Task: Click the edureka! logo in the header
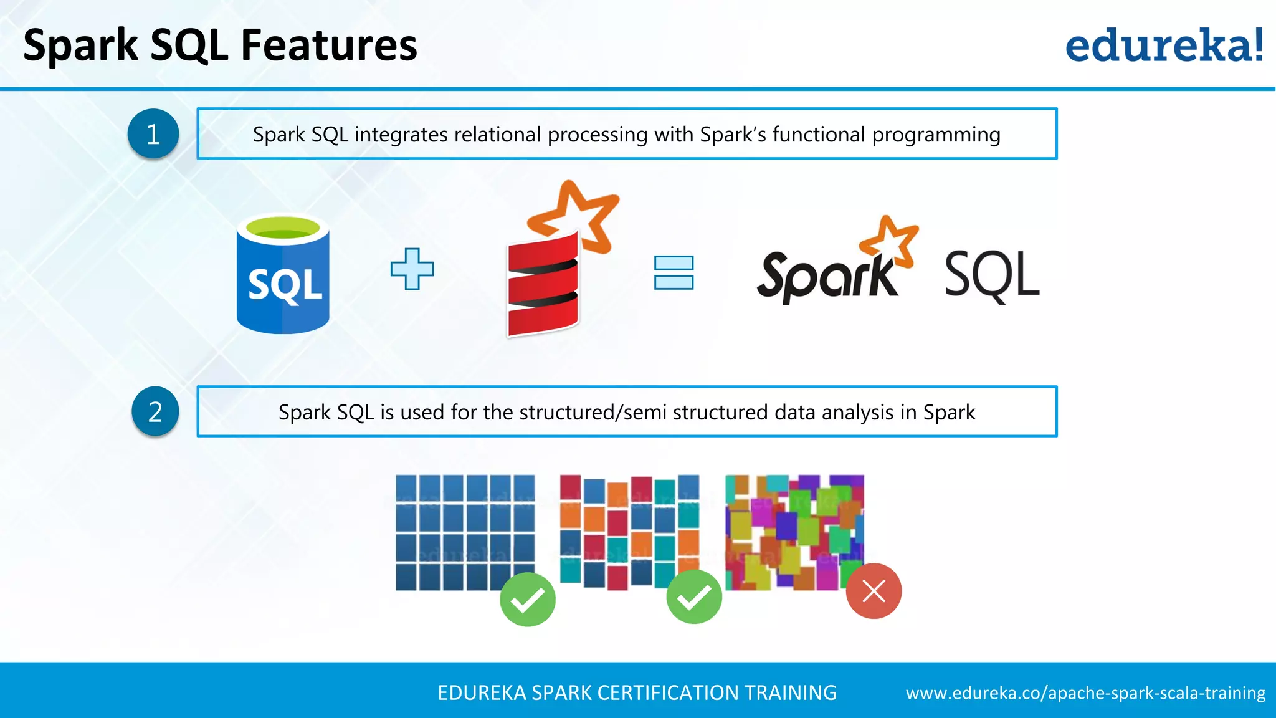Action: coord(1164,46)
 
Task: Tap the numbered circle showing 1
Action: coord(153,133)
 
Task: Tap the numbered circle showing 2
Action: coord(155,411)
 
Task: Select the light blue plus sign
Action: coord(412,269)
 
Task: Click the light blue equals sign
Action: coord(674,272)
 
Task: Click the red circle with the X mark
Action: coord(874,591)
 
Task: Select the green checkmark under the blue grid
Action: coord(527,600)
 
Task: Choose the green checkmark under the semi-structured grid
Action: coord(694,597)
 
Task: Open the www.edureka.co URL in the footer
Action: coord(1085,693)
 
